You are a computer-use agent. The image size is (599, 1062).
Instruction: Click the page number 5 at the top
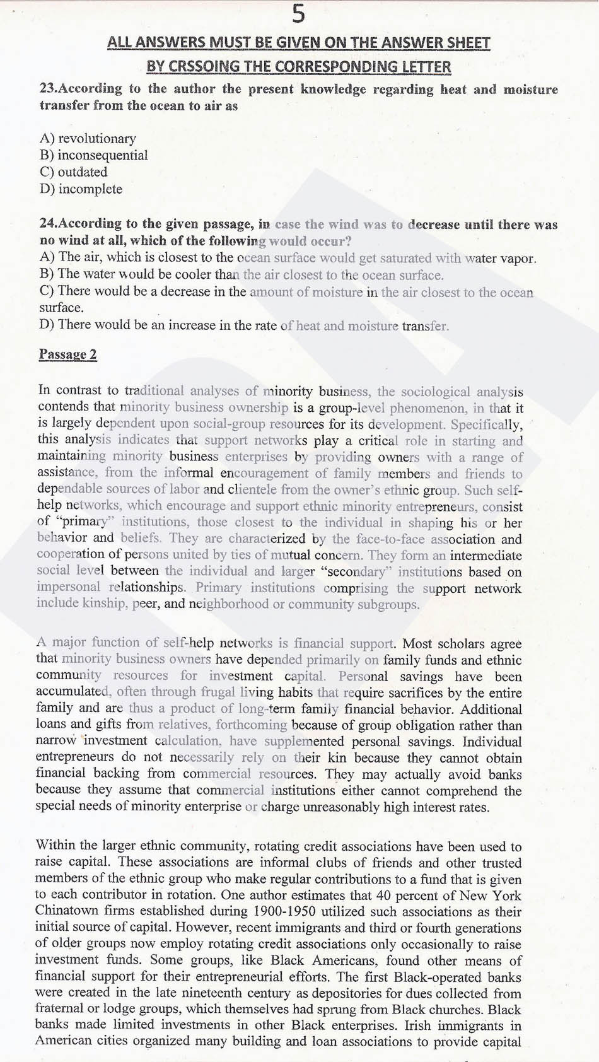pyautogui.click(x=299, y=14)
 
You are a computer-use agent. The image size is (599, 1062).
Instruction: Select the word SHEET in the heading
pyautogui.click(x=465, y=43)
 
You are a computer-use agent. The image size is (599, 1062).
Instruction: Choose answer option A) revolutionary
pyautogui.click(x=88, y=139)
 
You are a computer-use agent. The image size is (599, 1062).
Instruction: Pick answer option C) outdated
pyautogui.click(x=73, y=172)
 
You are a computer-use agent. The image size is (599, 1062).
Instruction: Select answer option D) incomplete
pyautogui.click(x=81, y=189)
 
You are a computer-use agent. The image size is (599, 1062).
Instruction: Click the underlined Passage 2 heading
pyautogui.click(x=68, y=354)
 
